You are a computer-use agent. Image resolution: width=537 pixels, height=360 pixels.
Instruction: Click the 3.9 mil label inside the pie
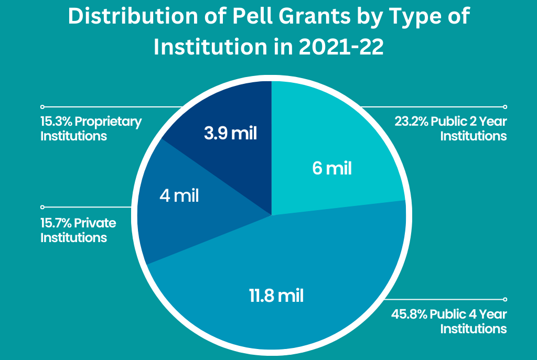pos(231,133)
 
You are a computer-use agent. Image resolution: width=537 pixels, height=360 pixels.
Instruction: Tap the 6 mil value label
pos(331,169)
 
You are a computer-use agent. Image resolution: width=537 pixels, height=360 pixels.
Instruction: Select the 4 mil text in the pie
pos(179,196)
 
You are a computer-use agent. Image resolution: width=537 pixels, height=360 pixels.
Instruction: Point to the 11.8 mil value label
pos(276,296)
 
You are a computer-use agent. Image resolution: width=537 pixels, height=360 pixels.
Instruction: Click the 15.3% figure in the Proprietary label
pos(56,122)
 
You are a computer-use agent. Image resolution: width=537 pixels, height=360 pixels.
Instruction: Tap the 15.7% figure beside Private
pos(56,223)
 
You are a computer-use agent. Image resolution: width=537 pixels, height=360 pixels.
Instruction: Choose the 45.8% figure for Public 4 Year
pos(410,314)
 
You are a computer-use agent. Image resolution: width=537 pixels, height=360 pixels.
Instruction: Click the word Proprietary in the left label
pos(109,122)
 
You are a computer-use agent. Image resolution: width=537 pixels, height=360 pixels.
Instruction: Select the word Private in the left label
pos(95,223)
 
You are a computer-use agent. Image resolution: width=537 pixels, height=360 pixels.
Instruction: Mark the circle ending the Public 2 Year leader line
pos(505,106)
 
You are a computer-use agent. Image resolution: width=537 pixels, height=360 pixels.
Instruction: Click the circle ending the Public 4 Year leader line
pos(505,299)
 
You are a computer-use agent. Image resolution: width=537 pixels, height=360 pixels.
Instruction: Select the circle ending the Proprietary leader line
pos(42,106)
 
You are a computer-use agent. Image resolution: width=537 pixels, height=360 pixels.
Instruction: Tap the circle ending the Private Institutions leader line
pos(42,207)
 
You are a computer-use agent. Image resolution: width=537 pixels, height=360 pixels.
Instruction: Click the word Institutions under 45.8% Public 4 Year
pos(473,329)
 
